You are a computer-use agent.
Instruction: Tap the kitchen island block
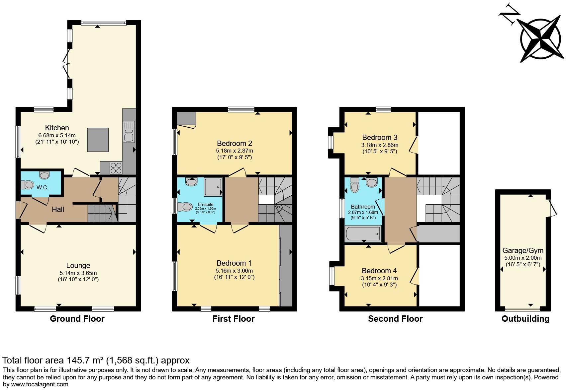98,140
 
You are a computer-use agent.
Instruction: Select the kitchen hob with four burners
116,167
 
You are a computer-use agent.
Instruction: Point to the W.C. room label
42,187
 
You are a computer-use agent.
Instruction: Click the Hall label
58,209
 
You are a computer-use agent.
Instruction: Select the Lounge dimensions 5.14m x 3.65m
78,273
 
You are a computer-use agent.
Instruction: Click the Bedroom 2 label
234,143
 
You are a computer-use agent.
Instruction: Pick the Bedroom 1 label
234,263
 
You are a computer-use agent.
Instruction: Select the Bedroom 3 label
379,137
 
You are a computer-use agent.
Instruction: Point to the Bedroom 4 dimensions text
379,282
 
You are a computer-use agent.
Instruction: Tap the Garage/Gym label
523,250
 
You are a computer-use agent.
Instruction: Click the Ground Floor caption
77,319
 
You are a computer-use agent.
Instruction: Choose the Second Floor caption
395,319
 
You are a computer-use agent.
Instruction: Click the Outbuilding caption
525,319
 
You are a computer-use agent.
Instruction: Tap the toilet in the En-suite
185,207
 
